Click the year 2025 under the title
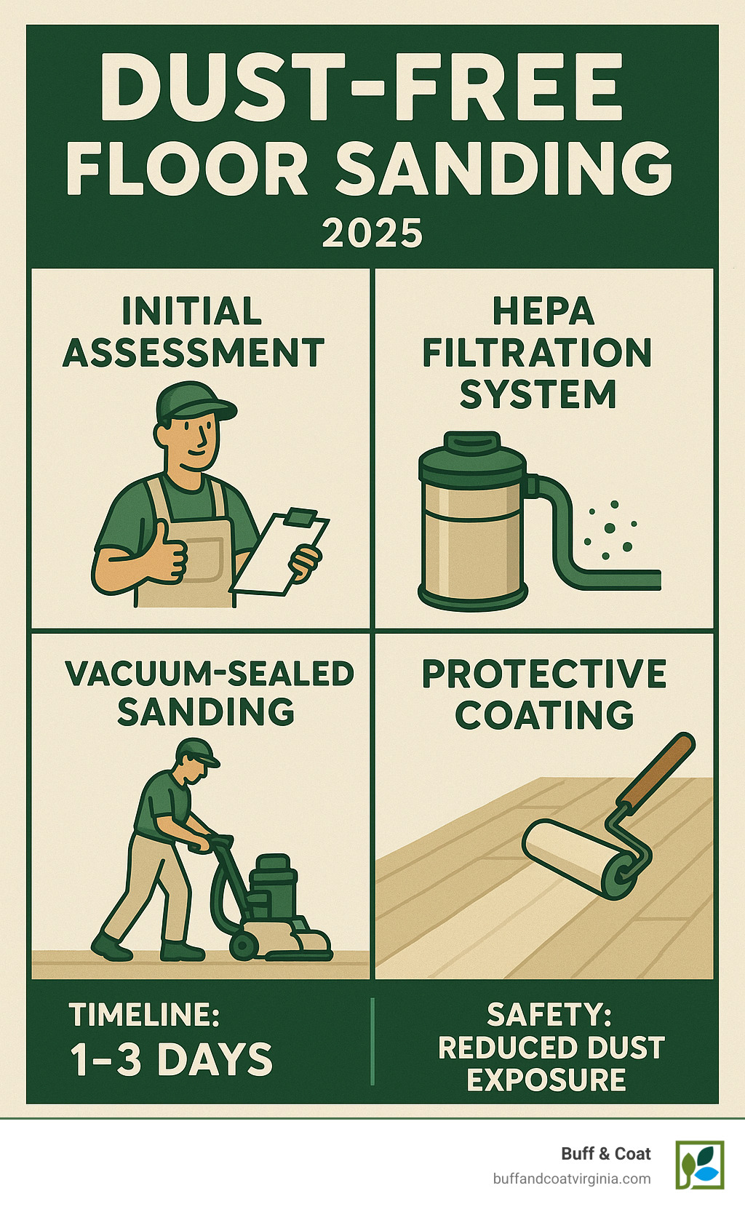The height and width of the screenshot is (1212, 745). click(372, 234)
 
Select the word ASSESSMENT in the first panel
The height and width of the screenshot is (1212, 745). click(194, 354)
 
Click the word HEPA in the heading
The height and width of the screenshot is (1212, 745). click(543, 312)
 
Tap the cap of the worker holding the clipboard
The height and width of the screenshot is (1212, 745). click(192, 402)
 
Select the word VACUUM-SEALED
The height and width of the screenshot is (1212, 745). click(210, 674)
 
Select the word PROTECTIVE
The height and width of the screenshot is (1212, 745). click(544, 674)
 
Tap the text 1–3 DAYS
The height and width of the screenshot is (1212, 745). click(172, 1059)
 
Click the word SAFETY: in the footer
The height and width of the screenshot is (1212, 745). click(549, 1014)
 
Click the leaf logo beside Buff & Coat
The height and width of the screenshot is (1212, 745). click(700, 1164)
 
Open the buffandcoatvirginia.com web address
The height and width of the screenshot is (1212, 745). click(571, 1179)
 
